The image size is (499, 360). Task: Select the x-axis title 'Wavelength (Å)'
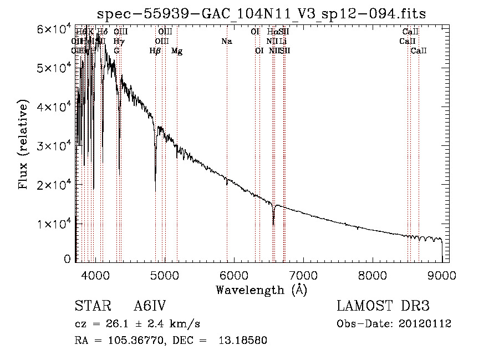click(x=261, y=290)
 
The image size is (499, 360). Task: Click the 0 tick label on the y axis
click(x=67, y=259)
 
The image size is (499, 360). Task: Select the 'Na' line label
click(x=226, y=42)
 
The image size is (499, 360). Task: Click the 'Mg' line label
click(x=177, y=52)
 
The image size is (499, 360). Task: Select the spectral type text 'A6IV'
click(x=150, y=307)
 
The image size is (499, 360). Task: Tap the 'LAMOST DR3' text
click(x=383, y=307)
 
